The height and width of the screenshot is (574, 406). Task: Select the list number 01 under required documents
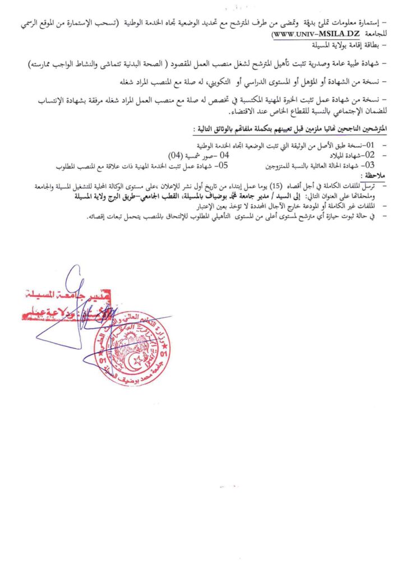click(371, 144)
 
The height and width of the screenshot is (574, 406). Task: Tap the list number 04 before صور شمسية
click(224, 154)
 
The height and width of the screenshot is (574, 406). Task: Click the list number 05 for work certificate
click(223, 165)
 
